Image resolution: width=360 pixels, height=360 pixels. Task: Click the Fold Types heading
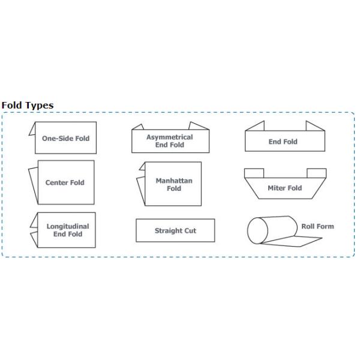click(x=28, y=106)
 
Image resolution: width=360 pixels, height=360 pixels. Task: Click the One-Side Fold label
click(x=65, y=138)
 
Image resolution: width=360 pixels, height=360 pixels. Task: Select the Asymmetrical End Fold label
click(x=170, y=141)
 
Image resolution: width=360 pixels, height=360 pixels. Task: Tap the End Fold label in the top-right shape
click(x=283, y=142)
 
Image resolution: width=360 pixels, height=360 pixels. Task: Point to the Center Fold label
click(x=65, y=182)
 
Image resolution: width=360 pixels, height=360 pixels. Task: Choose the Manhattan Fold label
click(x=173, y=184)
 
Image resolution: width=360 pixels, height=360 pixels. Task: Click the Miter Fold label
click(x=284, y=188)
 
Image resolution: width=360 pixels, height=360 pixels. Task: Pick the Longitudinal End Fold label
click(x=68, y=230)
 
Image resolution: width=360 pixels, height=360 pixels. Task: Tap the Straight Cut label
click(x=175, y=230)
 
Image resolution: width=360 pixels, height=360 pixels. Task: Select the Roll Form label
click(x=317, y=226)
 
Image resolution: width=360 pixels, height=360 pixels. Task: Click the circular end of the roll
click(x=258, y=230)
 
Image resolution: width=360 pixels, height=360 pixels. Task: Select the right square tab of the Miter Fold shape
click(x=316, y=174)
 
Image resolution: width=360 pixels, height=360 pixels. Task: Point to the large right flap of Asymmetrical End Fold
click(x=198, y=127)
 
